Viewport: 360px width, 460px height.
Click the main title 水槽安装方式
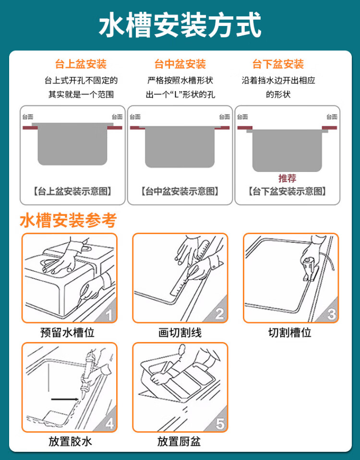(180, 25)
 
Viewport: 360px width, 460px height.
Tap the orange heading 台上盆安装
(81, 64)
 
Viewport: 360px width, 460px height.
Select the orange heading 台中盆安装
(180, 64)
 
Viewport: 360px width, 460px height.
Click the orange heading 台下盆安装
(278, 64)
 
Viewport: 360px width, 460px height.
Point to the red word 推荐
(287, 178)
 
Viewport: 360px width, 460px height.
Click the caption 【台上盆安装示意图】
(72, 191)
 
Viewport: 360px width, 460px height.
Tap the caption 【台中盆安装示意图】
(180, 191)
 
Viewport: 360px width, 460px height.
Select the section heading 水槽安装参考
(68, 220)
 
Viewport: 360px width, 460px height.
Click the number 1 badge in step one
(109, 315)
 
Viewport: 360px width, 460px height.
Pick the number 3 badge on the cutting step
(331, 314)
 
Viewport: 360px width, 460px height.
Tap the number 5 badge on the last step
(220, 424)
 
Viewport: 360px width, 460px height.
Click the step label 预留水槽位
(68, 333)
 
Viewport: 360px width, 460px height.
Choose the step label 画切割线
(180, 333)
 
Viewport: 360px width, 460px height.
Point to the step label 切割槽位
(290, 333)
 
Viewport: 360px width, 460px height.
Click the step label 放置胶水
(70, 441)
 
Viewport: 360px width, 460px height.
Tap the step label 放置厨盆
(179, 441)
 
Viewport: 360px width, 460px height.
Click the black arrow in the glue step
(65, 399)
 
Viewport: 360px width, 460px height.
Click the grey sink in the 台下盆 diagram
(287, 150)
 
